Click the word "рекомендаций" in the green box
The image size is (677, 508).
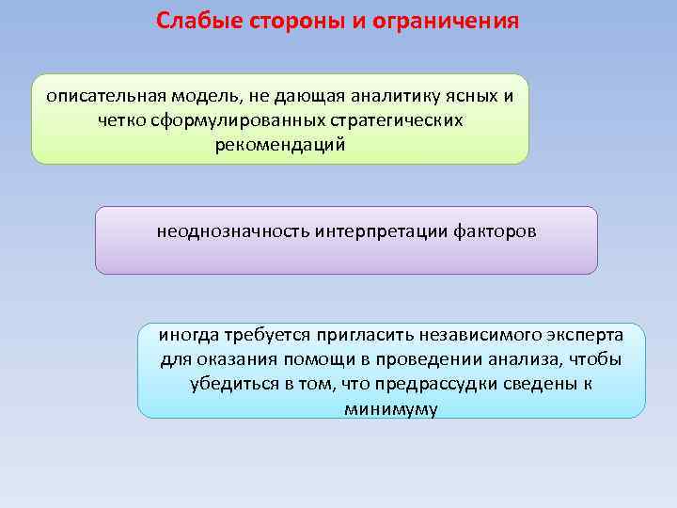(x=280, y=145)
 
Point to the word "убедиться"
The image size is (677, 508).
(x=227, y=385)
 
